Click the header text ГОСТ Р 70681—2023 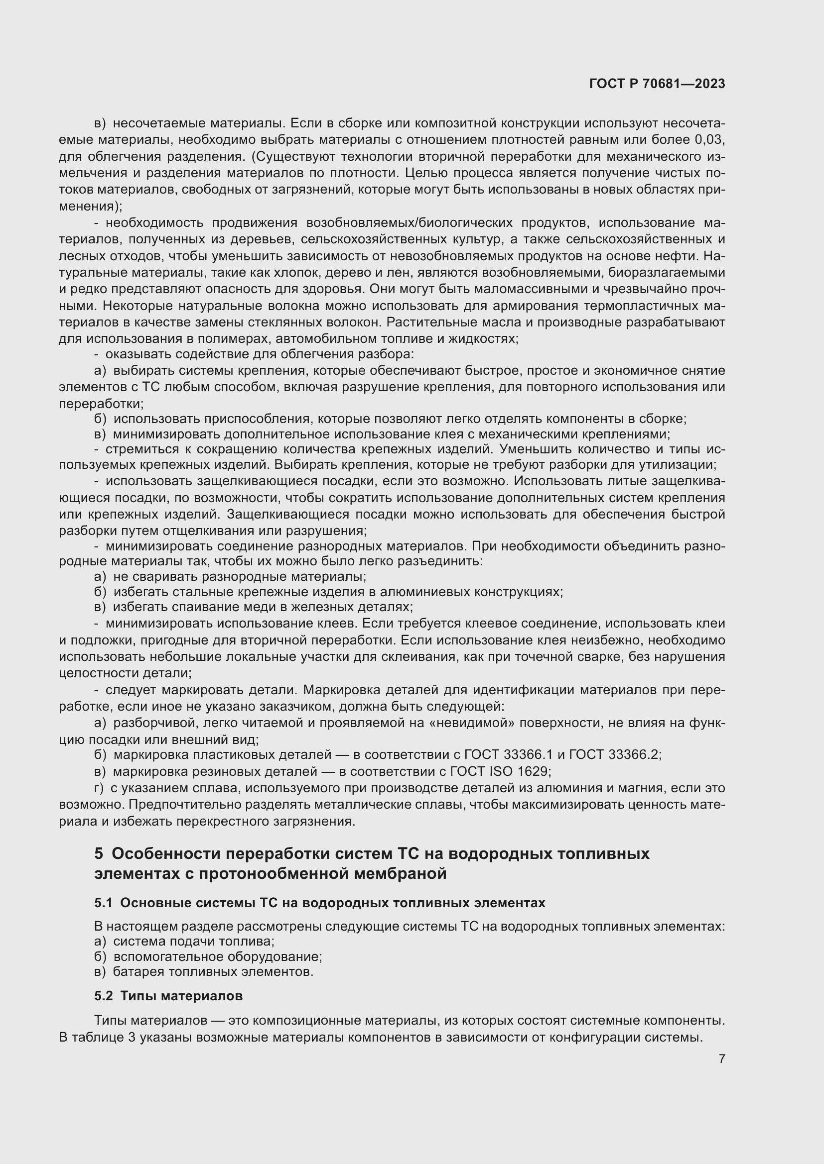tap(657, 84)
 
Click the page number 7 tap(721, 1058)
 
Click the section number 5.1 tap(104, 903)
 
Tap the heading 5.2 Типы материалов tap(168, 996)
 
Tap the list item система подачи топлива tap(193, 942)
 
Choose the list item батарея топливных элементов tap(213, 972)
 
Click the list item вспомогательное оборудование tap(218, 956)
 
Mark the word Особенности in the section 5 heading tap(165, 854)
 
